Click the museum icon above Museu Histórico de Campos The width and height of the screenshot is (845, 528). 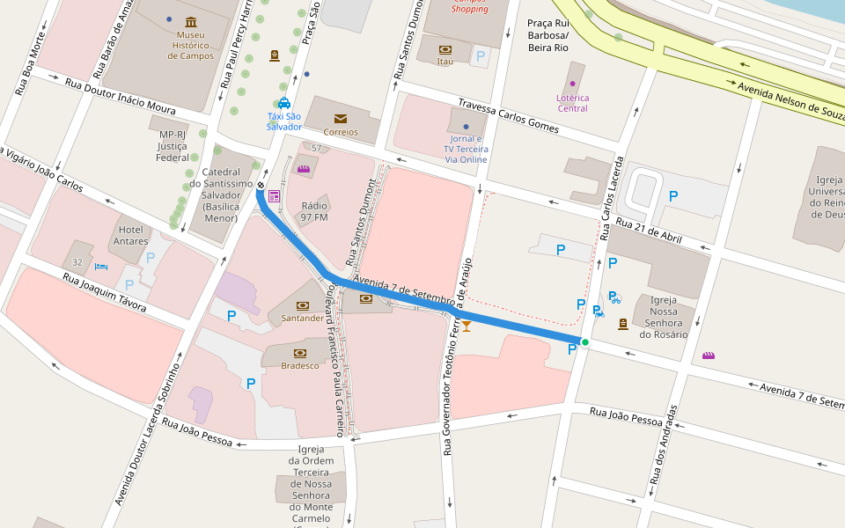pos(191,22)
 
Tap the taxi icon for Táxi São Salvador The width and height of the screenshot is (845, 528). pos(284,103)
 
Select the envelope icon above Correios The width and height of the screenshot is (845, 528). pos(341,118)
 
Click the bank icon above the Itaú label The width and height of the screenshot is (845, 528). pos(445,49)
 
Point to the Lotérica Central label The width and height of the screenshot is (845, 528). pos(572,103)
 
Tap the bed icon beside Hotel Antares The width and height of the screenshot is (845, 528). pos(101,266)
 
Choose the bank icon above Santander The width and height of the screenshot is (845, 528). pos(303,305)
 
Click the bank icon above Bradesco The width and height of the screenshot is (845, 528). pos(300,353)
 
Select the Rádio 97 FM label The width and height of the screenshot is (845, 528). pos(314,211)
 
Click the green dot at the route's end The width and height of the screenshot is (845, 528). pos(584,341)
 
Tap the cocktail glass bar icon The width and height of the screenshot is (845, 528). pos(467,326)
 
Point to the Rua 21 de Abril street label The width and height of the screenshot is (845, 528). pos(649,231)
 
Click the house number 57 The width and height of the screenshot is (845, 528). pos(316,148)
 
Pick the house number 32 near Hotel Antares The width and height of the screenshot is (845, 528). pos(77,262)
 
